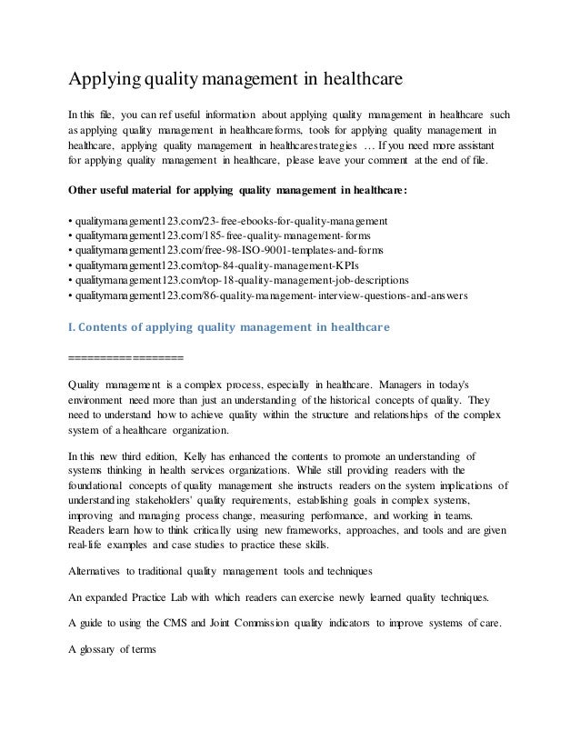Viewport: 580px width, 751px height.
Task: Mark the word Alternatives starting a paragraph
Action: pyautogui.click(x=100, y=571)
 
